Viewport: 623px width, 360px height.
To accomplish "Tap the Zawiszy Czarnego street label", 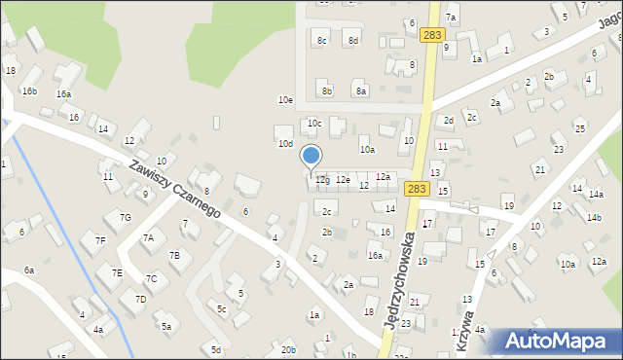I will click(174, 189).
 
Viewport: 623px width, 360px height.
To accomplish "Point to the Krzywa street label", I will click(469, 320).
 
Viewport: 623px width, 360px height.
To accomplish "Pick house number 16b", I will click(30, 91).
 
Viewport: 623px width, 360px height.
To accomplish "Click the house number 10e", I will click(285, 100).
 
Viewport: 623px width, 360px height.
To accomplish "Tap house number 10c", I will click(314, 124).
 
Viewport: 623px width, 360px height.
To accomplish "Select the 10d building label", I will click(285, 144).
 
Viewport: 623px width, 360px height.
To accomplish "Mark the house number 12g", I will click(322, 180).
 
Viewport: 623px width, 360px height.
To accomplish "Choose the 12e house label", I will click(343, 180).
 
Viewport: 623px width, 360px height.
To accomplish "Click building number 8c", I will click(321, 40).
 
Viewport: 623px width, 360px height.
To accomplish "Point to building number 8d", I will click(353, 40).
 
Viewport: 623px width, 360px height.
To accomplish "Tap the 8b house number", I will click(327, 91).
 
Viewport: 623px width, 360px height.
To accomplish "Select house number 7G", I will click(125, 217).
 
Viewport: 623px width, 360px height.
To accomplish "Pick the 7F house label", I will click(99, 239).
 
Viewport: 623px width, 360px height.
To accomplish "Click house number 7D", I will click(140, 299).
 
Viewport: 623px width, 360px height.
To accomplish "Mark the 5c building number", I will click(222, 309).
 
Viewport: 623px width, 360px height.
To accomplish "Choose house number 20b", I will click(288, 349).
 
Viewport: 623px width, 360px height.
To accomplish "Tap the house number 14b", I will click(594, 218).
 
